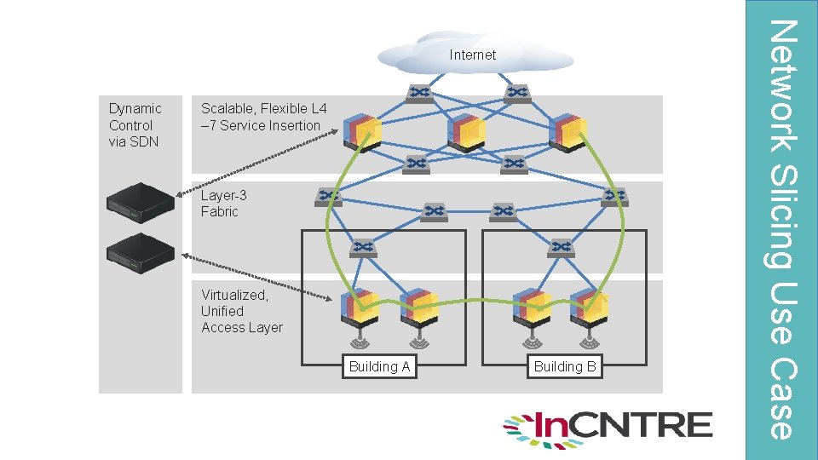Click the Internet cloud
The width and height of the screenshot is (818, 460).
tap(475, 54)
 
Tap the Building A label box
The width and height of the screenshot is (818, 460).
tap(379, 366)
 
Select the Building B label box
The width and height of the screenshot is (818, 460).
tap(565, 366)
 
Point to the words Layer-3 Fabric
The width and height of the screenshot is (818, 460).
tap(224, 204)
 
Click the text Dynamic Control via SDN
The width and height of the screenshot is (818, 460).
tap(135, 125)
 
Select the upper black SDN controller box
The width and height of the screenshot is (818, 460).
tap(141, 203)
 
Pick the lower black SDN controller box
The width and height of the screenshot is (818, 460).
tap(141, 254)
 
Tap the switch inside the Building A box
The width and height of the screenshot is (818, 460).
tap(363, 248)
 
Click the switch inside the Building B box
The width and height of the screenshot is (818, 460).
tap(562, 248)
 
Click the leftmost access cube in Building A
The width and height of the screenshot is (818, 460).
tap(360, 308)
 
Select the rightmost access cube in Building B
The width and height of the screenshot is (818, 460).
tap(589, 308)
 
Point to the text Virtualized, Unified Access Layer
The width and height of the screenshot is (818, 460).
tap(242, 312)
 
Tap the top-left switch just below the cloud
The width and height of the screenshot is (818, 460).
tap(419, 94)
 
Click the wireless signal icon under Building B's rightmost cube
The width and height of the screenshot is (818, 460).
tap(589, 342)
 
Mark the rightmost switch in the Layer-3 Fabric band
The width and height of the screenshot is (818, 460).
tap(614, 197)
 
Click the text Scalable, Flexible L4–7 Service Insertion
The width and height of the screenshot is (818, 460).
tap(264, 117)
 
